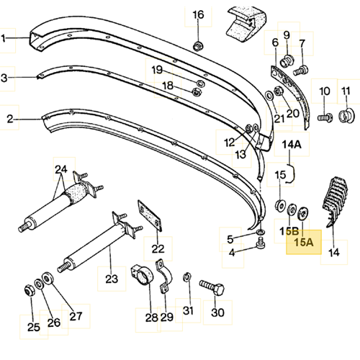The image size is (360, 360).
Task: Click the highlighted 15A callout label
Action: [x=304, y=242]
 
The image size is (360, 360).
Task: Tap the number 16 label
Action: [x=198, y=14]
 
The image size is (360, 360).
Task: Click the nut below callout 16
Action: [x=198, y=46]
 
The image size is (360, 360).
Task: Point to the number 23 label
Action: [x=112, y=279]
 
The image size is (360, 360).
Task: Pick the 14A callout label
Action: [x=292, y=145]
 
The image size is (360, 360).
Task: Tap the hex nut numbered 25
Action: [x=30, y=290]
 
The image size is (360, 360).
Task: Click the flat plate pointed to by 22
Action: [x=150, y=215]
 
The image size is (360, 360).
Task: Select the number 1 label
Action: [x=4, y=38]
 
